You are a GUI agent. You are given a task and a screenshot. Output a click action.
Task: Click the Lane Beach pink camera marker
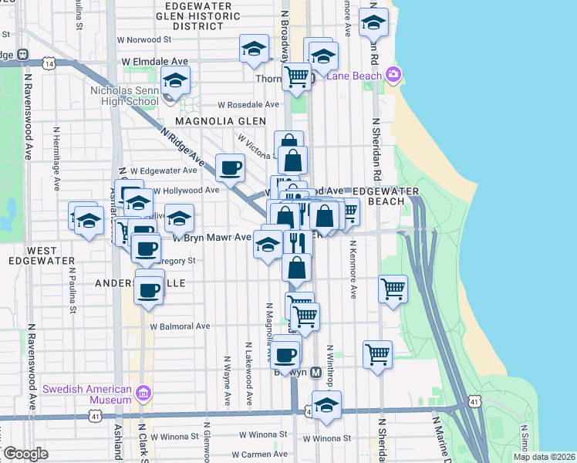pyautogui.click(x=393, y=74)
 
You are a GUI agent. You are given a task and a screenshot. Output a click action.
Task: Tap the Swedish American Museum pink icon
pyautogui.click(x=143, y=394)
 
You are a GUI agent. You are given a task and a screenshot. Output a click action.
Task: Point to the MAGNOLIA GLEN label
pyautogui.click(x=220, y=122)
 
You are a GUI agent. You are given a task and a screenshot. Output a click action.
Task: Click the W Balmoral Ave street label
pyautogui.click(x=180, y=326)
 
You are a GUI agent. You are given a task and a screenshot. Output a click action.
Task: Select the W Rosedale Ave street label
pyautogui.click(x=248, y=104)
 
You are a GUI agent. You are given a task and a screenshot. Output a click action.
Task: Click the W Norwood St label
pyautogui.click(x=143, y=39)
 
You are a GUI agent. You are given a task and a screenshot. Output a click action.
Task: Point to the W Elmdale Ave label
pyautogui.click(x=154, y=61)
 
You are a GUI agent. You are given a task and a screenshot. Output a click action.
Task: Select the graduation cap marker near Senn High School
pyautogui.click(x=176, y=81)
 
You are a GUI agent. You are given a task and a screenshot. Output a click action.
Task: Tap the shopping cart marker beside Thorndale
pyautogui.click(x=296, y=76)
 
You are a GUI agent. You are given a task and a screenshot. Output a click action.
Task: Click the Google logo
pyautogui.click(x=25, y=454)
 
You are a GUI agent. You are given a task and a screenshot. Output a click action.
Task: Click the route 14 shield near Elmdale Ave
pyautogui.click(x=49, y=64)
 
